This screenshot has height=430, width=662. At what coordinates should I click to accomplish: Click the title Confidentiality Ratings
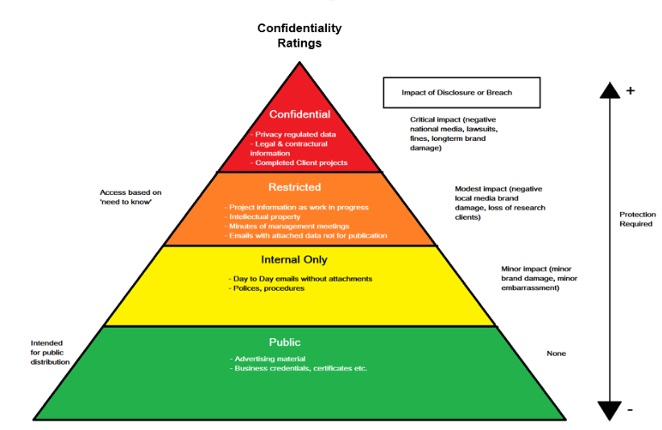(x=300, y=35)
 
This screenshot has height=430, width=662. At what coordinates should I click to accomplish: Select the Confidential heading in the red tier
(x=300, y=114)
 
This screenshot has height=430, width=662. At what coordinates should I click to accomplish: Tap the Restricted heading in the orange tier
(x=295, y=187)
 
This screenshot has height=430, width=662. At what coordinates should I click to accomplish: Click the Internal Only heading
(x=294, y=260)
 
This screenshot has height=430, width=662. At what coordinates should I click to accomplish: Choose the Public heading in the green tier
(x=284, y=342)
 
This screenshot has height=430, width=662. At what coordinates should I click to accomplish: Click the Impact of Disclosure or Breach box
(x=457, y=93)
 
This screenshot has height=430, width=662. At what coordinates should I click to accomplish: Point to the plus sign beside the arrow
(x=630, y=90)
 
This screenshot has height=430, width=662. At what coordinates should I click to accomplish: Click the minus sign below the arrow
(x=630, y=410)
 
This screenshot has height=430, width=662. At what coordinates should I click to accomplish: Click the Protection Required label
(x=637, y=219)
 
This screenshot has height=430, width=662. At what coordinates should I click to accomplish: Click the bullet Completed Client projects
(x=300, y=163)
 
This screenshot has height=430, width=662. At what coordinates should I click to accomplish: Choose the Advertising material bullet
(x=268, y=358)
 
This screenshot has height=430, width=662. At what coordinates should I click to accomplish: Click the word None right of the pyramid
(x=556, y=354)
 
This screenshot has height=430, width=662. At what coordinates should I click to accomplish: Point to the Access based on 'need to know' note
(x=130, y=197)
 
